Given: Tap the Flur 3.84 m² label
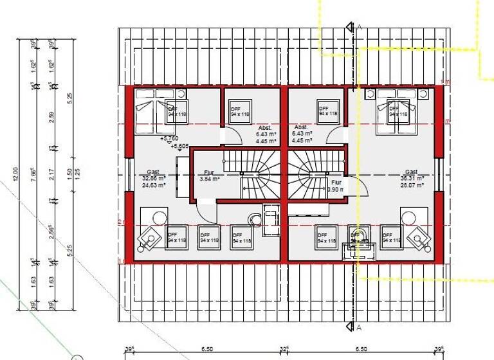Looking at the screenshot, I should point(209,176).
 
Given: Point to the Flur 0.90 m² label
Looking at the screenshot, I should point(335,186).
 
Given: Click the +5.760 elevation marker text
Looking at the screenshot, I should point(169,138).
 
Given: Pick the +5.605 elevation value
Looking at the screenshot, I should point(180,146).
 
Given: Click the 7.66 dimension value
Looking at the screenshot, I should point(35,174).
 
